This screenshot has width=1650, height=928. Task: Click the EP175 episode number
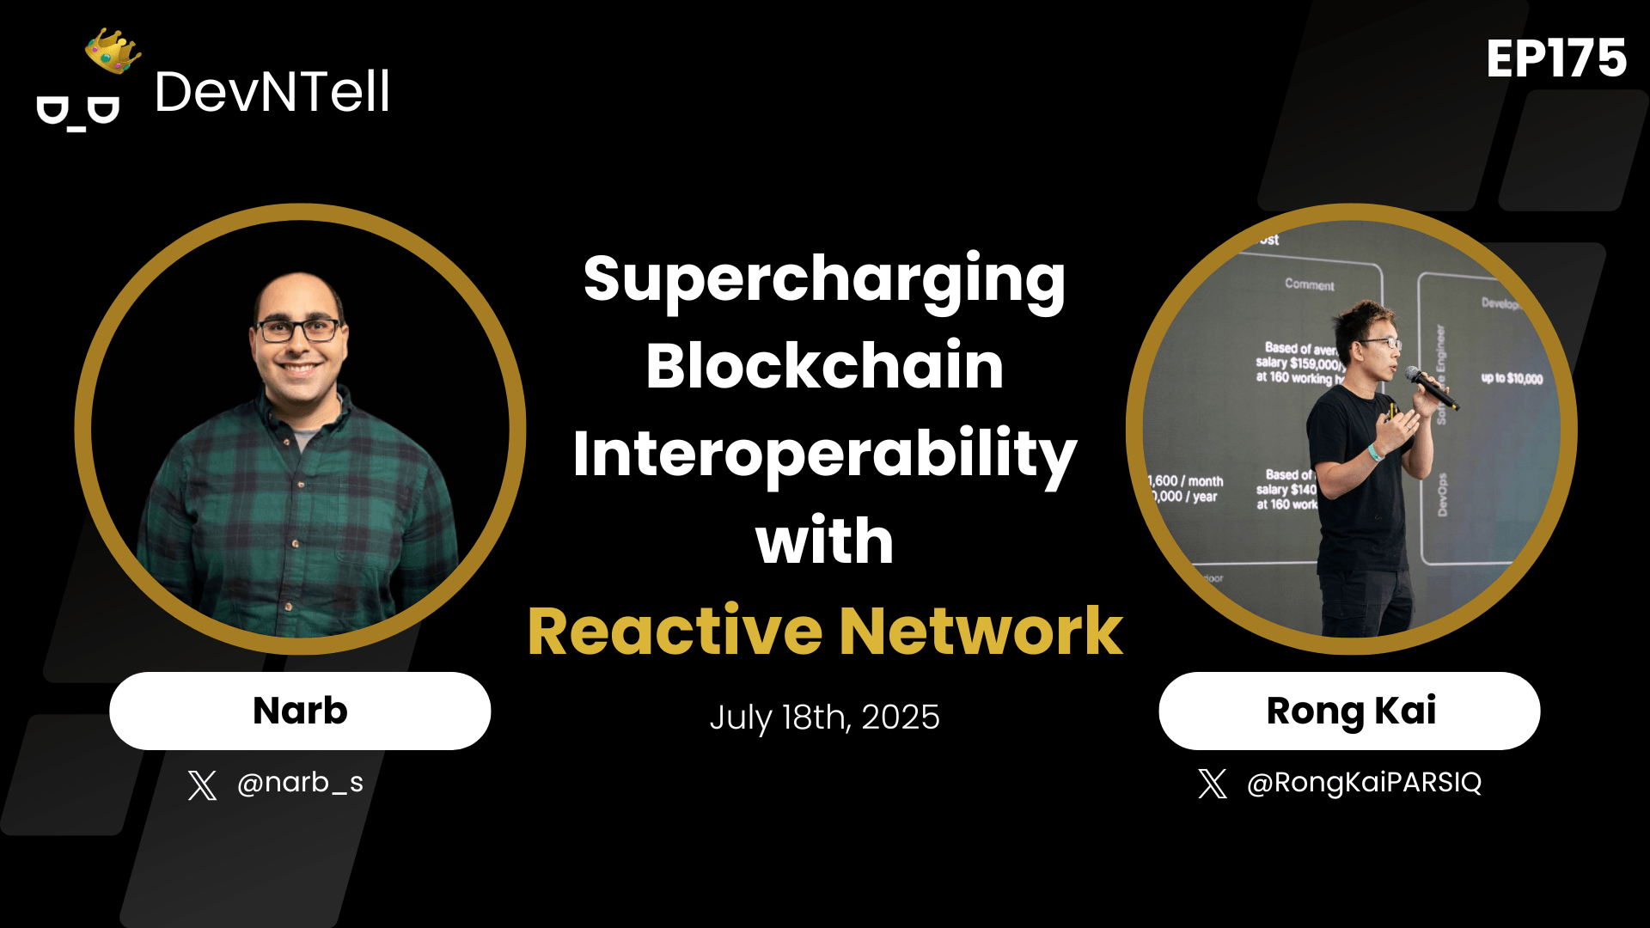(x=1555, y=58)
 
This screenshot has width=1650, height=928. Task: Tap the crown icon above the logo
(x=113, y=51)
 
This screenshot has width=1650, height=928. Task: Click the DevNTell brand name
(x=272, y=92)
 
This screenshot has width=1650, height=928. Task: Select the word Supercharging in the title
(x=824, y=278)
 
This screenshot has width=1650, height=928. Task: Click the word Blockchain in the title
(x=824, y=366)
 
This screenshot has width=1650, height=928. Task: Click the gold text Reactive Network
(x=824, y=632)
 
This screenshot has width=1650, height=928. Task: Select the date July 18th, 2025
(x=824, y=717)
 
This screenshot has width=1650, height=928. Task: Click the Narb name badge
(x=300, y=711)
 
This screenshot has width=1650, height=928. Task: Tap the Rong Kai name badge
(x=1349, y=711)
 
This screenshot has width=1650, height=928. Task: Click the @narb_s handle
(x=300, y=783)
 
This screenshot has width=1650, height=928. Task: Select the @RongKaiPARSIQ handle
(x=1364, y=783)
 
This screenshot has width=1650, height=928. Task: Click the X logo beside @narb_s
(x=202, y=785)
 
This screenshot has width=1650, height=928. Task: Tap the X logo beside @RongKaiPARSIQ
(x=1213, y=784)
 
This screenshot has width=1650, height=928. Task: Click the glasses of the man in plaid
(x=297, y=330)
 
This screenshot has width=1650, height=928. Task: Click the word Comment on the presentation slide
(x=1309, y=284)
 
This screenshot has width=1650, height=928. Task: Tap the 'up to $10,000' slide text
(x=1512, y=378)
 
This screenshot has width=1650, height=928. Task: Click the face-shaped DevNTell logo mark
(x=77, y=113)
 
